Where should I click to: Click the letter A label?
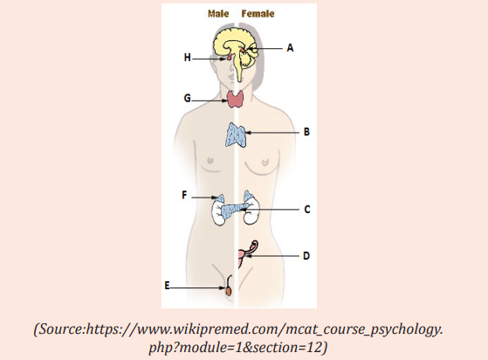[290, 48]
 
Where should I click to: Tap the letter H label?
[187, 58]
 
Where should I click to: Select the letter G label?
[187, 98]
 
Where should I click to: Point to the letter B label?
[306, 132]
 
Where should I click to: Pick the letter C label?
[307, 210]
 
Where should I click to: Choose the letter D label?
[306, 256]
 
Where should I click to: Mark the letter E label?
[167, 286]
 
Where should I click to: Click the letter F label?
[184, 195]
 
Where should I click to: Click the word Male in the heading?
[218, 14]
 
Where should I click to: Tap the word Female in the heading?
[258, 14]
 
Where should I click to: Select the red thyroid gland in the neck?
[235, 99]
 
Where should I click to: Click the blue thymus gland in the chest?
[236, 135]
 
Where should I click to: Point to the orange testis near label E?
[229, 291]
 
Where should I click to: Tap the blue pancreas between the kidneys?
[234, 211]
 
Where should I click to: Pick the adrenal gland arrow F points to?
[220, 198]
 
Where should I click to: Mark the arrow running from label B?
[272, 133]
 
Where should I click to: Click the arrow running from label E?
[198, 288]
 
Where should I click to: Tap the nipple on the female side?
[265, 162]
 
